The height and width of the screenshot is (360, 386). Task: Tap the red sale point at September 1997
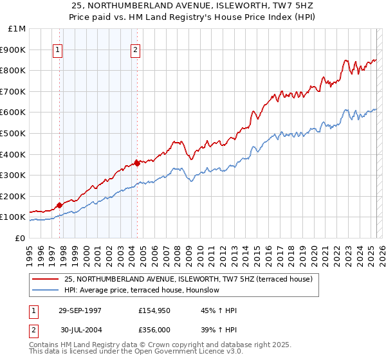tap(60, 205)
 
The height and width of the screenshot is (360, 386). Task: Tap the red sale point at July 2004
tap(137, 163)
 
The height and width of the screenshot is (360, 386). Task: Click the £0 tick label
tap(20, 238)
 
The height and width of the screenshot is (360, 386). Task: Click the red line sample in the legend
tap(45, 279)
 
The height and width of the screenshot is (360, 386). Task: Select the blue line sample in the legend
tap(45, 290)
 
